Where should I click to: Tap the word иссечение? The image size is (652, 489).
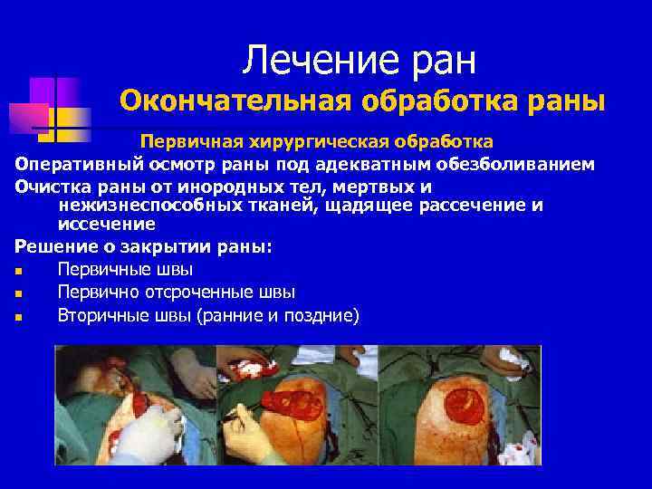tap(106, 224)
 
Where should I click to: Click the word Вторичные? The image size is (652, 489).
tap(104, 316)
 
